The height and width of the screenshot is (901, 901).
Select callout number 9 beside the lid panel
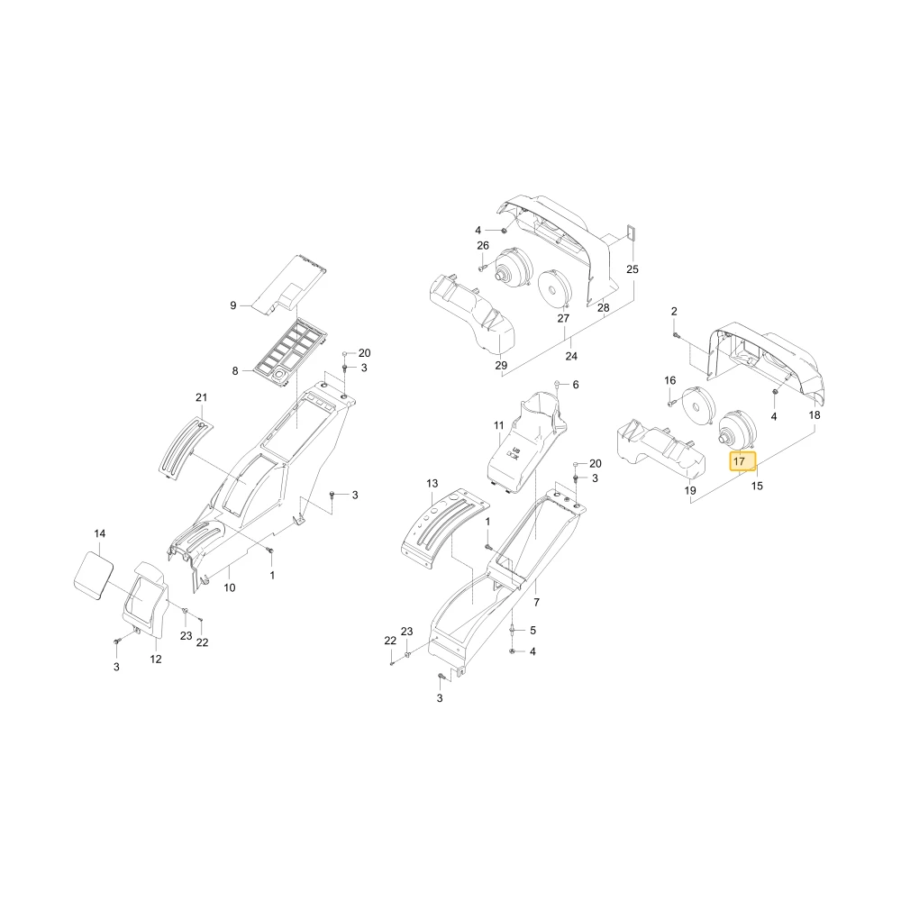(232, 305)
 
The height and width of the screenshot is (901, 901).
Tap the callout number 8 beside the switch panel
(235, 370)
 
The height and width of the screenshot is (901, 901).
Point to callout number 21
(201, 397)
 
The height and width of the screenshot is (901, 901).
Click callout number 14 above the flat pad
(99, 533)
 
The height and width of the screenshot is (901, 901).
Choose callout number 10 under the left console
(229, 587)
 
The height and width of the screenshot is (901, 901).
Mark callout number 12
(156, 660)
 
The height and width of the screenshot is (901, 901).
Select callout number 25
(633, 268)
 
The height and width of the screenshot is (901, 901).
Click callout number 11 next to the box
(498, 425)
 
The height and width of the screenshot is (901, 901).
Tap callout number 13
(432, 484)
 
